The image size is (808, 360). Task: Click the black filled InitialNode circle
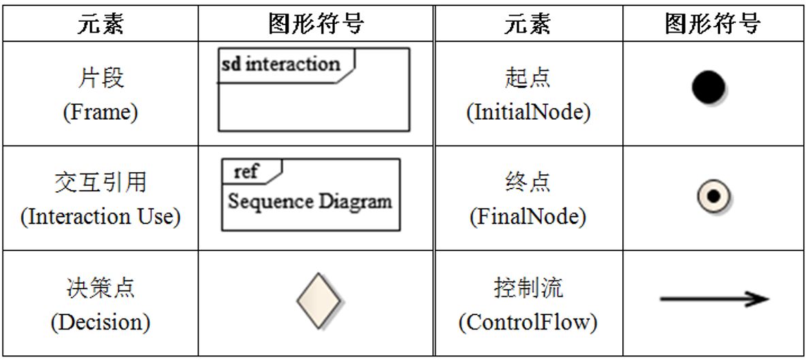tap(709, 88)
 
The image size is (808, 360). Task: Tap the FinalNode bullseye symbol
tap(713, 197)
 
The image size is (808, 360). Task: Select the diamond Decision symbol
tap(321, 301)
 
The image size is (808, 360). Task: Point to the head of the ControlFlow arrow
tap(759, 299)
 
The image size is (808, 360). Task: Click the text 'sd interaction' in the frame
tap(280, 65)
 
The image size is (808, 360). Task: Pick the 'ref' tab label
tap(246, 171)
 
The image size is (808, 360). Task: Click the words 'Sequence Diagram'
tap(310, 202)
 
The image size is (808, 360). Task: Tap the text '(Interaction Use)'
tap(100, 217)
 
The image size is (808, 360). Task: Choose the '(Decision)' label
tap(100, 322)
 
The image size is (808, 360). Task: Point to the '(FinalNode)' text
tap(528, 217)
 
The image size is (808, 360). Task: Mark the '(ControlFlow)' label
tap(528, 322)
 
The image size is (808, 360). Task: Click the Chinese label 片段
tap(100, 78)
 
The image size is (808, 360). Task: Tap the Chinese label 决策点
tap(100, 288)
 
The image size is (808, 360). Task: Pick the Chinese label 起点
tap(528, 78)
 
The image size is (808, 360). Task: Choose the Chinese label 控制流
tap(528, 288)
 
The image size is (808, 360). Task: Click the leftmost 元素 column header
tap(100, 24)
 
